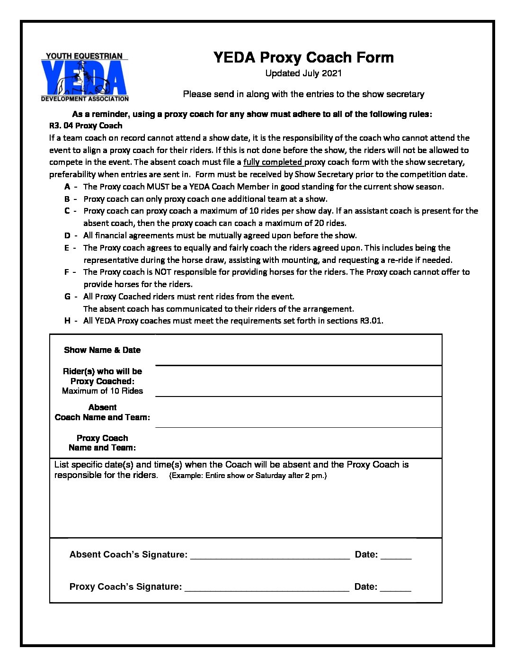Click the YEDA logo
click(x=85, y=77)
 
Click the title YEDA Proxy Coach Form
click(x=303, y=58)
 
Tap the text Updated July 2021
click(x=303, y=73)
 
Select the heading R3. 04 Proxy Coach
click(x=86, y=126)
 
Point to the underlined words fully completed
click(x=273, y=162)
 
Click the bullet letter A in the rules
click(x=67, y=187)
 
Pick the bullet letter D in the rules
click(x=67, y=235)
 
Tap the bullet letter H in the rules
click(x=67, y=321)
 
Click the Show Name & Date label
click(x=102, y=350)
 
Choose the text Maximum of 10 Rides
click(x=102, y=391)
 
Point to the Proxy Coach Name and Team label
click(x=102, y=443)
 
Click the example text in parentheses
click(x=248, y=476)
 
